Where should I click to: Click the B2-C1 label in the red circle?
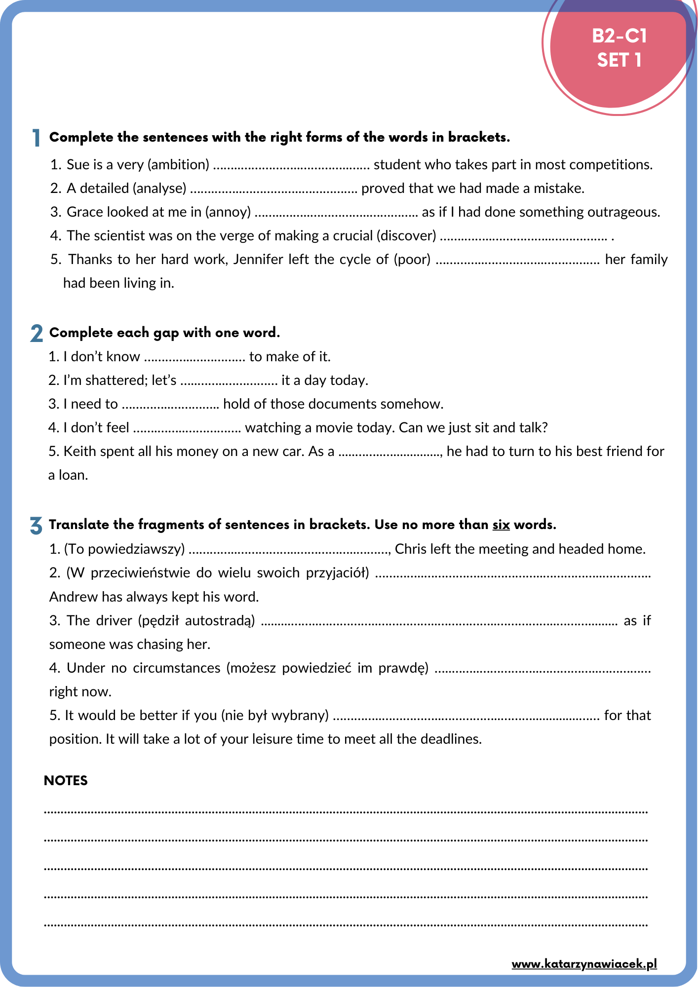coord(619,36)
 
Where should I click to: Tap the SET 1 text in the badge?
coord(619,60)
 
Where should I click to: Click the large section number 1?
coord(36,138)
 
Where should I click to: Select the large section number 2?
coord(37,334)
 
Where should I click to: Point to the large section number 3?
coord(36,526)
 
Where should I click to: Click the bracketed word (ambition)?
coord(178,164)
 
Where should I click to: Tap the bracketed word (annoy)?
coord(228,212)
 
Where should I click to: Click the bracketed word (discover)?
coord(406,235)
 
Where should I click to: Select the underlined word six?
coord(501,525)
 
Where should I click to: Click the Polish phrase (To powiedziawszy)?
coord(124,549)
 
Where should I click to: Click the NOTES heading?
coord(66,780)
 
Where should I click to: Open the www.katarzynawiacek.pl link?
coord(584,963)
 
